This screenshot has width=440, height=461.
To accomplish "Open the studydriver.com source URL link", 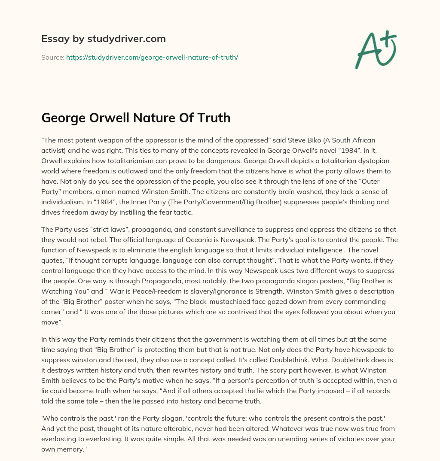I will [x=152, y=57].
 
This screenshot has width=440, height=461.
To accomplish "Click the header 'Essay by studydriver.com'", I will [x=104, y=39].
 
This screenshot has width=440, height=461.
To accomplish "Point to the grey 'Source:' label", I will [x=53, y=57].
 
